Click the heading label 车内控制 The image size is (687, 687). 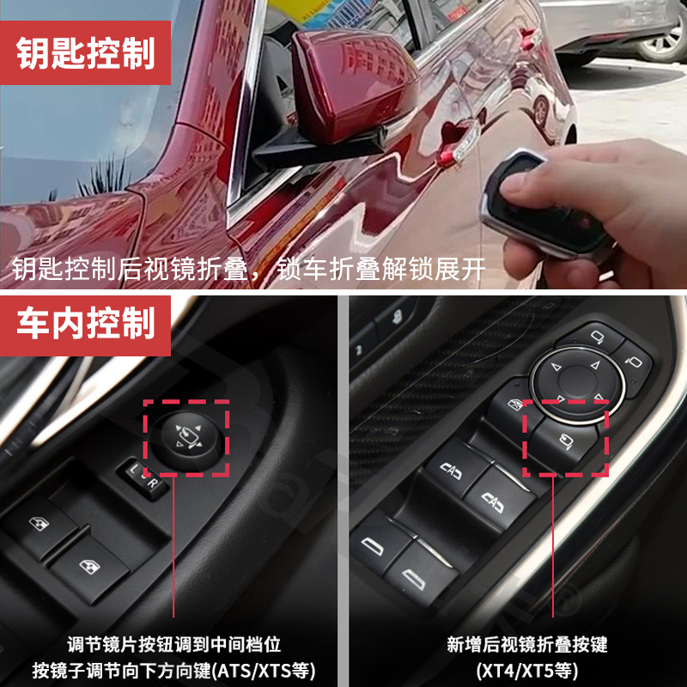tap(86, 323)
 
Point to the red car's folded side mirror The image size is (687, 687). tap(352, 86)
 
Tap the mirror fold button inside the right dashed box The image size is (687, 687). tap(568, 443)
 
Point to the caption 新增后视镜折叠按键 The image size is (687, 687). tap(527, 643)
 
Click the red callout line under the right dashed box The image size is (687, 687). tap(553, 550)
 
